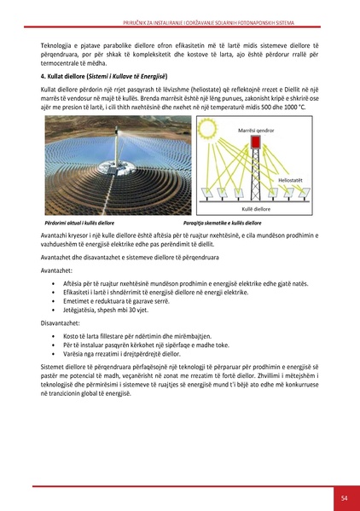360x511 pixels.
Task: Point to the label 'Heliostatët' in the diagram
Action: (x=293, y=181)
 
